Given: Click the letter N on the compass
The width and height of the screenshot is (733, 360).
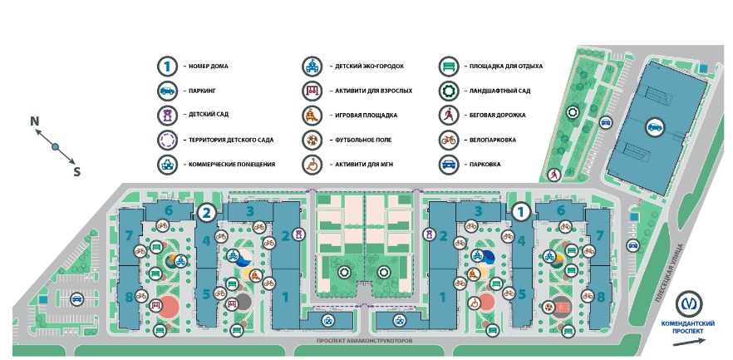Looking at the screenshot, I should [35, 121].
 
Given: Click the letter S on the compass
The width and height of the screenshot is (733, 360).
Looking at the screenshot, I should [77, 172].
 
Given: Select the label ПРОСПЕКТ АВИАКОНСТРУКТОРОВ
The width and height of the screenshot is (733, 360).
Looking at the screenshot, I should [365, 341].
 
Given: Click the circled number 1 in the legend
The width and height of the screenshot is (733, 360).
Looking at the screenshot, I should [167, 65].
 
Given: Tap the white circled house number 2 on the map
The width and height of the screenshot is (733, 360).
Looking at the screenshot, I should [207, 213].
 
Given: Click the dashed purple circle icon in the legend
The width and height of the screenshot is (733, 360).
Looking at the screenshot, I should [167, 140].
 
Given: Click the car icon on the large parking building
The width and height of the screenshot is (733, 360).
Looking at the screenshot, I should [655, 126].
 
